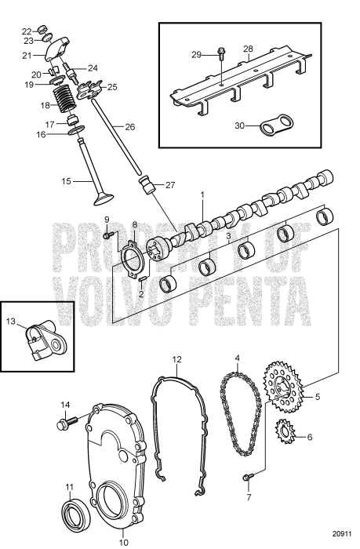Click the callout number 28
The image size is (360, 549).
point(247,49)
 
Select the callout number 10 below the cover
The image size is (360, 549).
point(122,541)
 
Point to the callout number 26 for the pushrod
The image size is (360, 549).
point(130,126)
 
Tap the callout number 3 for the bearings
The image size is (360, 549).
point(228,235)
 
